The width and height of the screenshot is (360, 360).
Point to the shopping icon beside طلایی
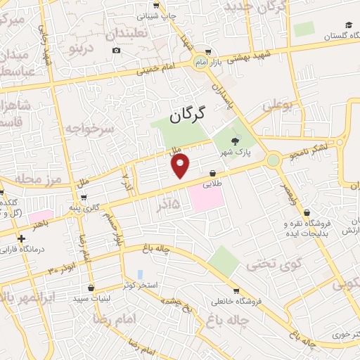tap(213, 173)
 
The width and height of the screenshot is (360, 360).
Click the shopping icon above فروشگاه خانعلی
tap(236, 290)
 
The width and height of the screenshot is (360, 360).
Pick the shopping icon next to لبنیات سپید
tap(92, 288)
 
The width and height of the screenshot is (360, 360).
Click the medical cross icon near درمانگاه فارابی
tap(22, 238)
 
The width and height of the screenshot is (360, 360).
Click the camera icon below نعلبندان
tap(116, 50)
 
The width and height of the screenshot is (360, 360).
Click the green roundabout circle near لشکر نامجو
tap(273, 160)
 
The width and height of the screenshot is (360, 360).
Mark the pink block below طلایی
tap(205, 198)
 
